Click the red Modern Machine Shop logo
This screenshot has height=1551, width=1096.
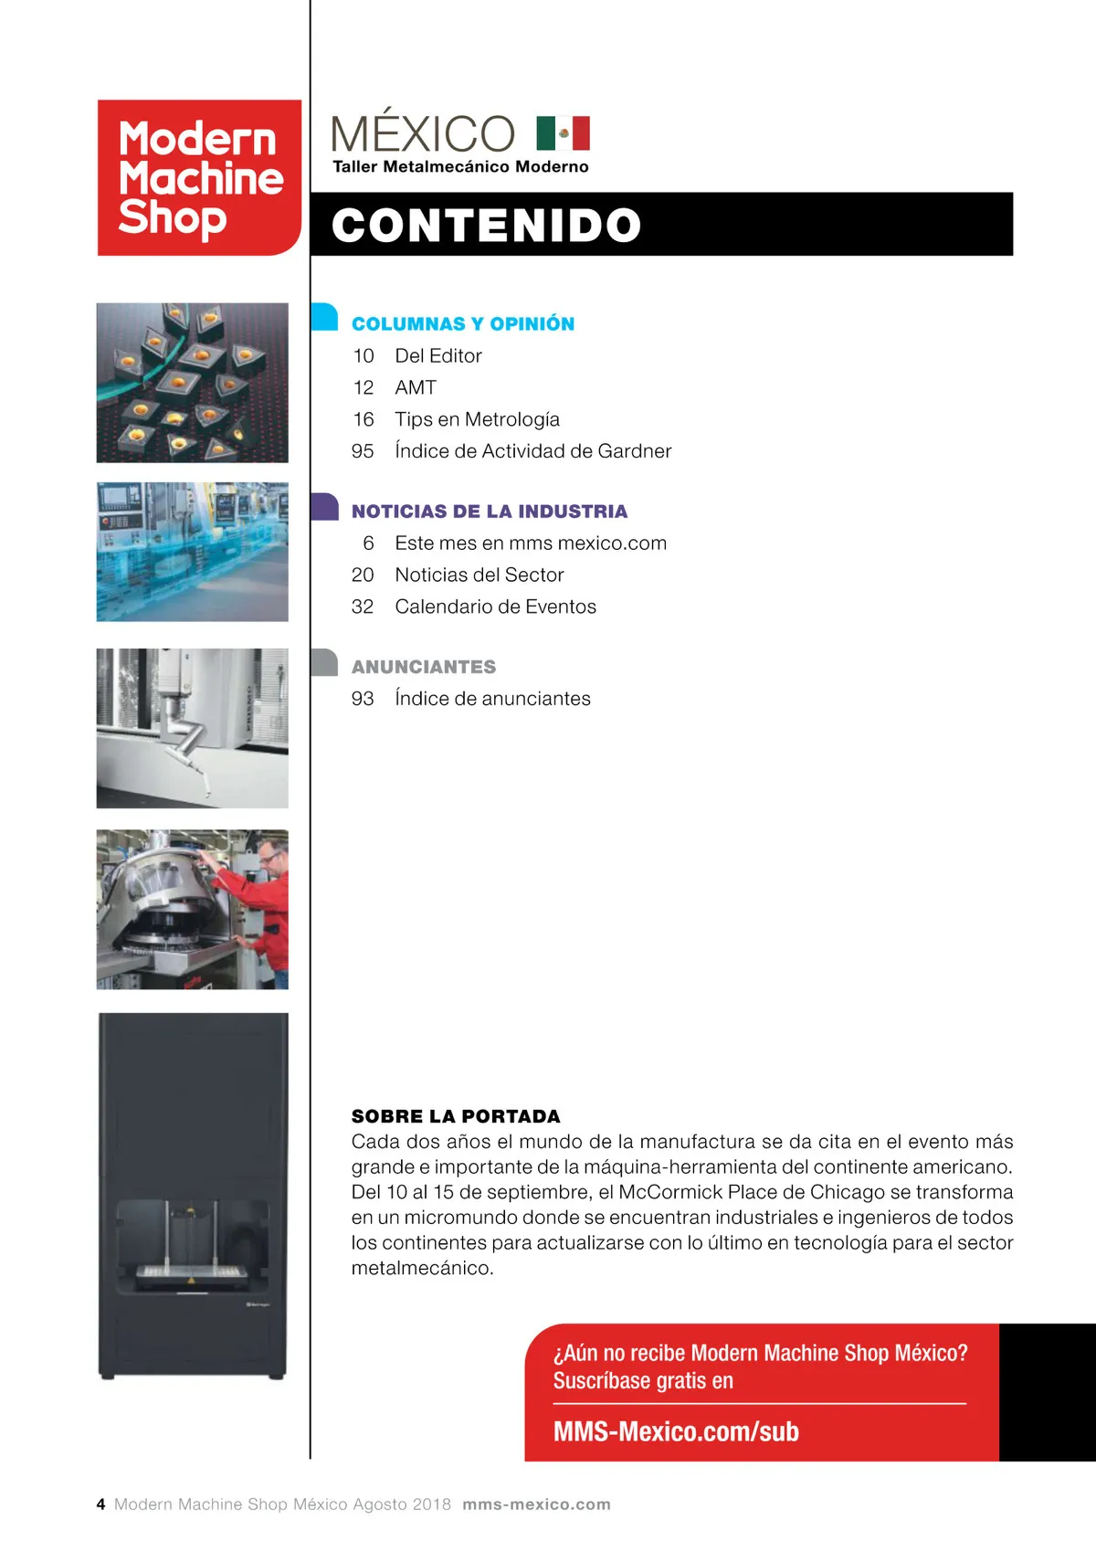(199, 177)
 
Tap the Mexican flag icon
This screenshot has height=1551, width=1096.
(563, 133)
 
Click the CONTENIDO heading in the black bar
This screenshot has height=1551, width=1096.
(486, 225)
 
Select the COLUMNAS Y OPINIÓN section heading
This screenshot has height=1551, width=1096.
(463, 324)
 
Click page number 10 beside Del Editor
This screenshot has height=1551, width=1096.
(364, 356)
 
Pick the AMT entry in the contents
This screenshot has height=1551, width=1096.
(416, 388)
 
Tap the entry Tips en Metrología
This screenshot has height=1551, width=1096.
(477, 419)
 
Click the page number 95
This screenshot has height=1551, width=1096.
(363, 451)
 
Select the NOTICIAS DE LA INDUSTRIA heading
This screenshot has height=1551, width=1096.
(490, 512)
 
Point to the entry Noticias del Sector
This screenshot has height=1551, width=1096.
(479, 575)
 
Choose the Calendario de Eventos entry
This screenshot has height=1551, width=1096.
(495, 607)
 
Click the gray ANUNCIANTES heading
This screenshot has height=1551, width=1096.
(424, 667)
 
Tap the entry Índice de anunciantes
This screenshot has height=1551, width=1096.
(492, 699)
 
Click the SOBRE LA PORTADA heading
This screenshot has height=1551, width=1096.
(456, 1116)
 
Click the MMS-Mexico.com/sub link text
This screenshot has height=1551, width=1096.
(676, 1431)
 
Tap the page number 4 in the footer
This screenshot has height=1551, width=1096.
(100, 1504)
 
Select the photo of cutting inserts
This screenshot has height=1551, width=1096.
(193, 383)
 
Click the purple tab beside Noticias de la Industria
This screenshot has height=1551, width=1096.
(324, 507)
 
